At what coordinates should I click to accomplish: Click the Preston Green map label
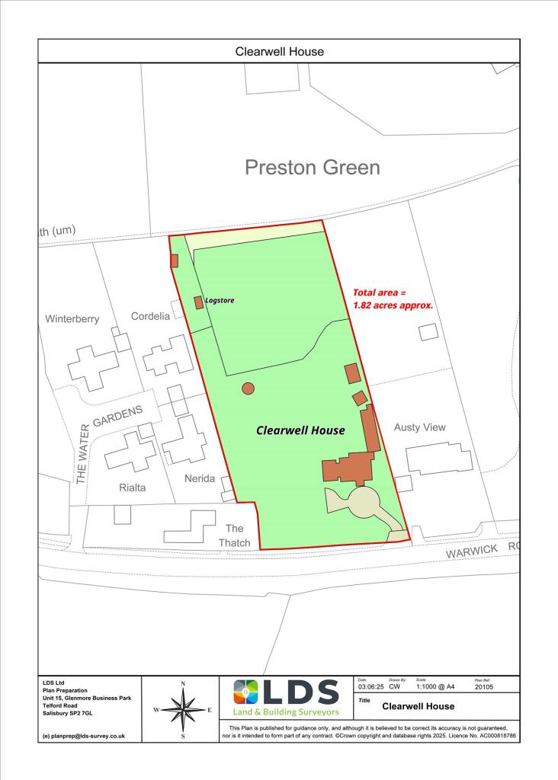point(312,168)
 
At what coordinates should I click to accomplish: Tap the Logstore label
point(220,301)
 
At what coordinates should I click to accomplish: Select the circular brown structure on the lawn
point(248,388)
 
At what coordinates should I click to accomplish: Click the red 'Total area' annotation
point(393,299)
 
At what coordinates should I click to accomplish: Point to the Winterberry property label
point(72,319)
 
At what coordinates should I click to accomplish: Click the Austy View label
point(419,427)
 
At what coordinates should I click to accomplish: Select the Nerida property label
point(201,479)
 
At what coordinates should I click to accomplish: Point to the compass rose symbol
point(183,709)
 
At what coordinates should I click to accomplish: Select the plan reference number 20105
point(484,686)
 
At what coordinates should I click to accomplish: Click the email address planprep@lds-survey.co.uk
point(84,737)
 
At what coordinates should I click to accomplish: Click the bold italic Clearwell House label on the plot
point(300,430)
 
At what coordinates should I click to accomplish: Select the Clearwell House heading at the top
point(279,52)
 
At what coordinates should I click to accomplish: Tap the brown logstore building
point(199,302)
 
